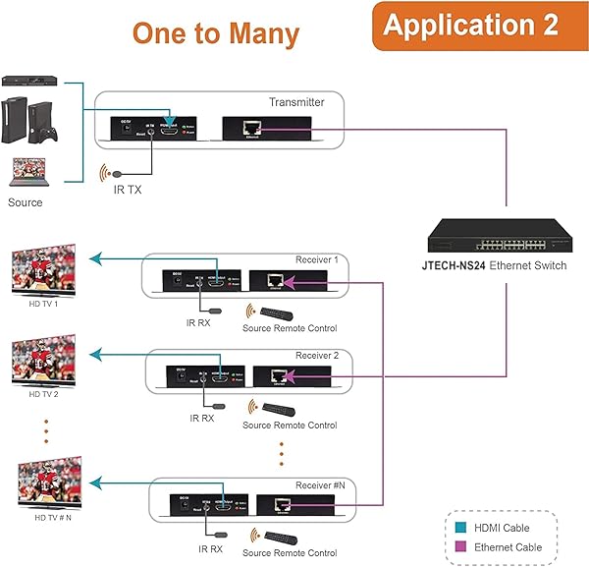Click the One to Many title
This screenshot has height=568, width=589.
(216, 33)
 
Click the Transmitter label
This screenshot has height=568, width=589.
(295, 102)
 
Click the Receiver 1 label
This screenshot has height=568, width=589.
(316, 260)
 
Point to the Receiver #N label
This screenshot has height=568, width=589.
(320, 485)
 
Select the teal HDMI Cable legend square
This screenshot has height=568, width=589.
(460, 529)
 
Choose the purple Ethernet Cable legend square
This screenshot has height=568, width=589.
(460, 547)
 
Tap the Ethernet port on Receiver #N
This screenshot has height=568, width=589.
(285, 504)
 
